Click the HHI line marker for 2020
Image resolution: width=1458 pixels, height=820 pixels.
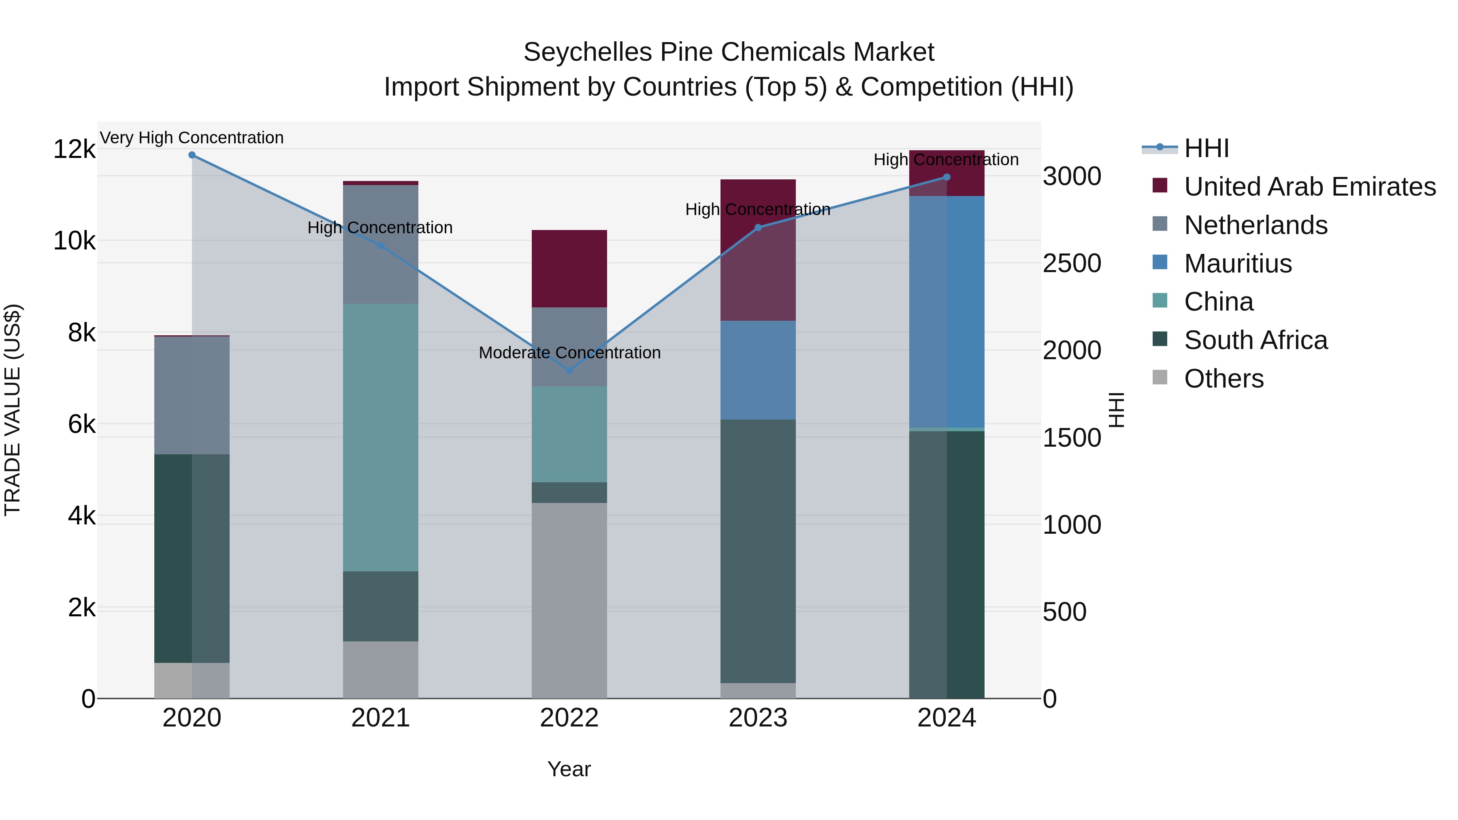192,155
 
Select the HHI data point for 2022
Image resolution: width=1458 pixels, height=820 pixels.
569,371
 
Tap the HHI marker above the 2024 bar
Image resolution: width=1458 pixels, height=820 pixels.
947,177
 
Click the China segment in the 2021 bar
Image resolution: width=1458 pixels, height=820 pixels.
380,437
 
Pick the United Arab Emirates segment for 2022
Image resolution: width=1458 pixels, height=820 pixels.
569,269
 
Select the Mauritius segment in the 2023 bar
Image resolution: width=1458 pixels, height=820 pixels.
758,370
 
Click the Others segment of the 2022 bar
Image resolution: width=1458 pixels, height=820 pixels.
569,600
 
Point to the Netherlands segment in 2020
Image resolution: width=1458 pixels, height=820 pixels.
192,395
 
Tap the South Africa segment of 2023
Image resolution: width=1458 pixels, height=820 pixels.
758,551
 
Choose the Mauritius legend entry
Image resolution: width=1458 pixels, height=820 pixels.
1237,264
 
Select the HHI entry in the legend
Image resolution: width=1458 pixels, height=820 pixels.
1206,148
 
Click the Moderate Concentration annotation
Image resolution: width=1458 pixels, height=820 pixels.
569,353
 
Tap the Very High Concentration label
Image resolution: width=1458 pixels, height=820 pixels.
192,138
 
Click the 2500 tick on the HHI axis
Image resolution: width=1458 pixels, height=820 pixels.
1071,263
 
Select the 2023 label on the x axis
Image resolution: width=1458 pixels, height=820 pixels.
758,718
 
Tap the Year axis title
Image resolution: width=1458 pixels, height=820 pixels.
569,769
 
